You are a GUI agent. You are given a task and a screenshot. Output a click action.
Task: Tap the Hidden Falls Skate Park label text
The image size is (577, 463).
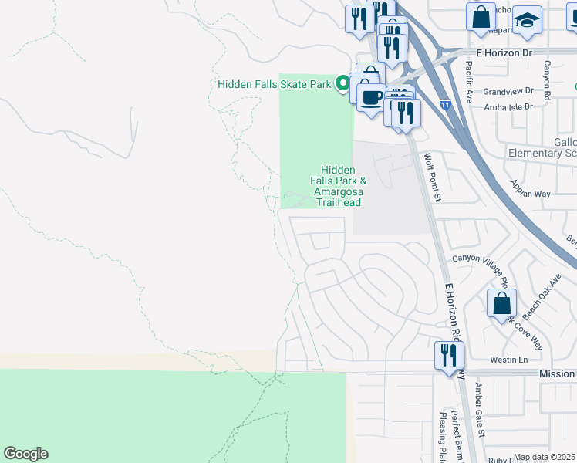(x=275, y=84)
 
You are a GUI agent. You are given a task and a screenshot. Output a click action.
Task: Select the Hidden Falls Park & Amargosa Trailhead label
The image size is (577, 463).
(x=338, y=186)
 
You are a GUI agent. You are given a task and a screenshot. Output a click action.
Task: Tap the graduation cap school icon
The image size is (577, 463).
(x=528, y=20)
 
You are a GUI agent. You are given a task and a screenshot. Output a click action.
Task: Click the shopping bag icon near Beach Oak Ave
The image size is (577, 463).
(x=501, y=303)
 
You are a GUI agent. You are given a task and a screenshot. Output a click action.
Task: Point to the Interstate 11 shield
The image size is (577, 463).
(x=445, y=103)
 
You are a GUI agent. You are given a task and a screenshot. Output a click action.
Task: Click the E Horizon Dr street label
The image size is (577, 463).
(x=504, y=52)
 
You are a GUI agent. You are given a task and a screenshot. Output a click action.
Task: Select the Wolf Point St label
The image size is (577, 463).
(x=431, y=177)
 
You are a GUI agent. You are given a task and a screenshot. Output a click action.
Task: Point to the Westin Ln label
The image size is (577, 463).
(x=508, y=360)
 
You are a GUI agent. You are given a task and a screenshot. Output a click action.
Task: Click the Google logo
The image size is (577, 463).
(x=25, y=454)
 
